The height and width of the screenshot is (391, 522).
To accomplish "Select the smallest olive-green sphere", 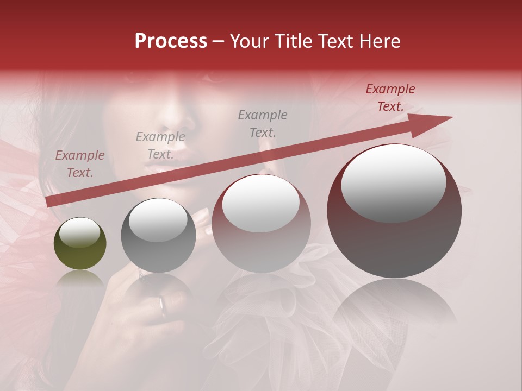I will (x=80, y=243).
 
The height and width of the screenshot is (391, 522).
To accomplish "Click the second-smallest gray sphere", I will (x=158, y=235).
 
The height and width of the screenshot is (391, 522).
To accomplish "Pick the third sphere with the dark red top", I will (x=261, y=223).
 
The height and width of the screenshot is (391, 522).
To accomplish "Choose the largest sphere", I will (x=394, y=211).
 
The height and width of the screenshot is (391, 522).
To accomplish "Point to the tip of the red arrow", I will (x=451, y=117).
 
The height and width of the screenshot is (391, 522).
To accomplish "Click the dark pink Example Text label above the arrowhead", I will (x=390, y=98).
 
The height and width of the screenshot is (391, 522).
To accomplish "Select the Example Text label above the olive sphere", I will (x=80, y=164).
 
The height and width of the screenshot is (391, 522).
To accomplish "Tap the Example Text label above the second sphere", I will (x=160, y=146).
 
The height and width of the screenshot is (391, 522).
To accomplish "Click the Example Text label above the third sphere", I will (x=263, y=123).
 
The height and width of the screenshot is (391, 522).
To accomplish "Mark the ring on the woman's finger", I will (x=162, y=305).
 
